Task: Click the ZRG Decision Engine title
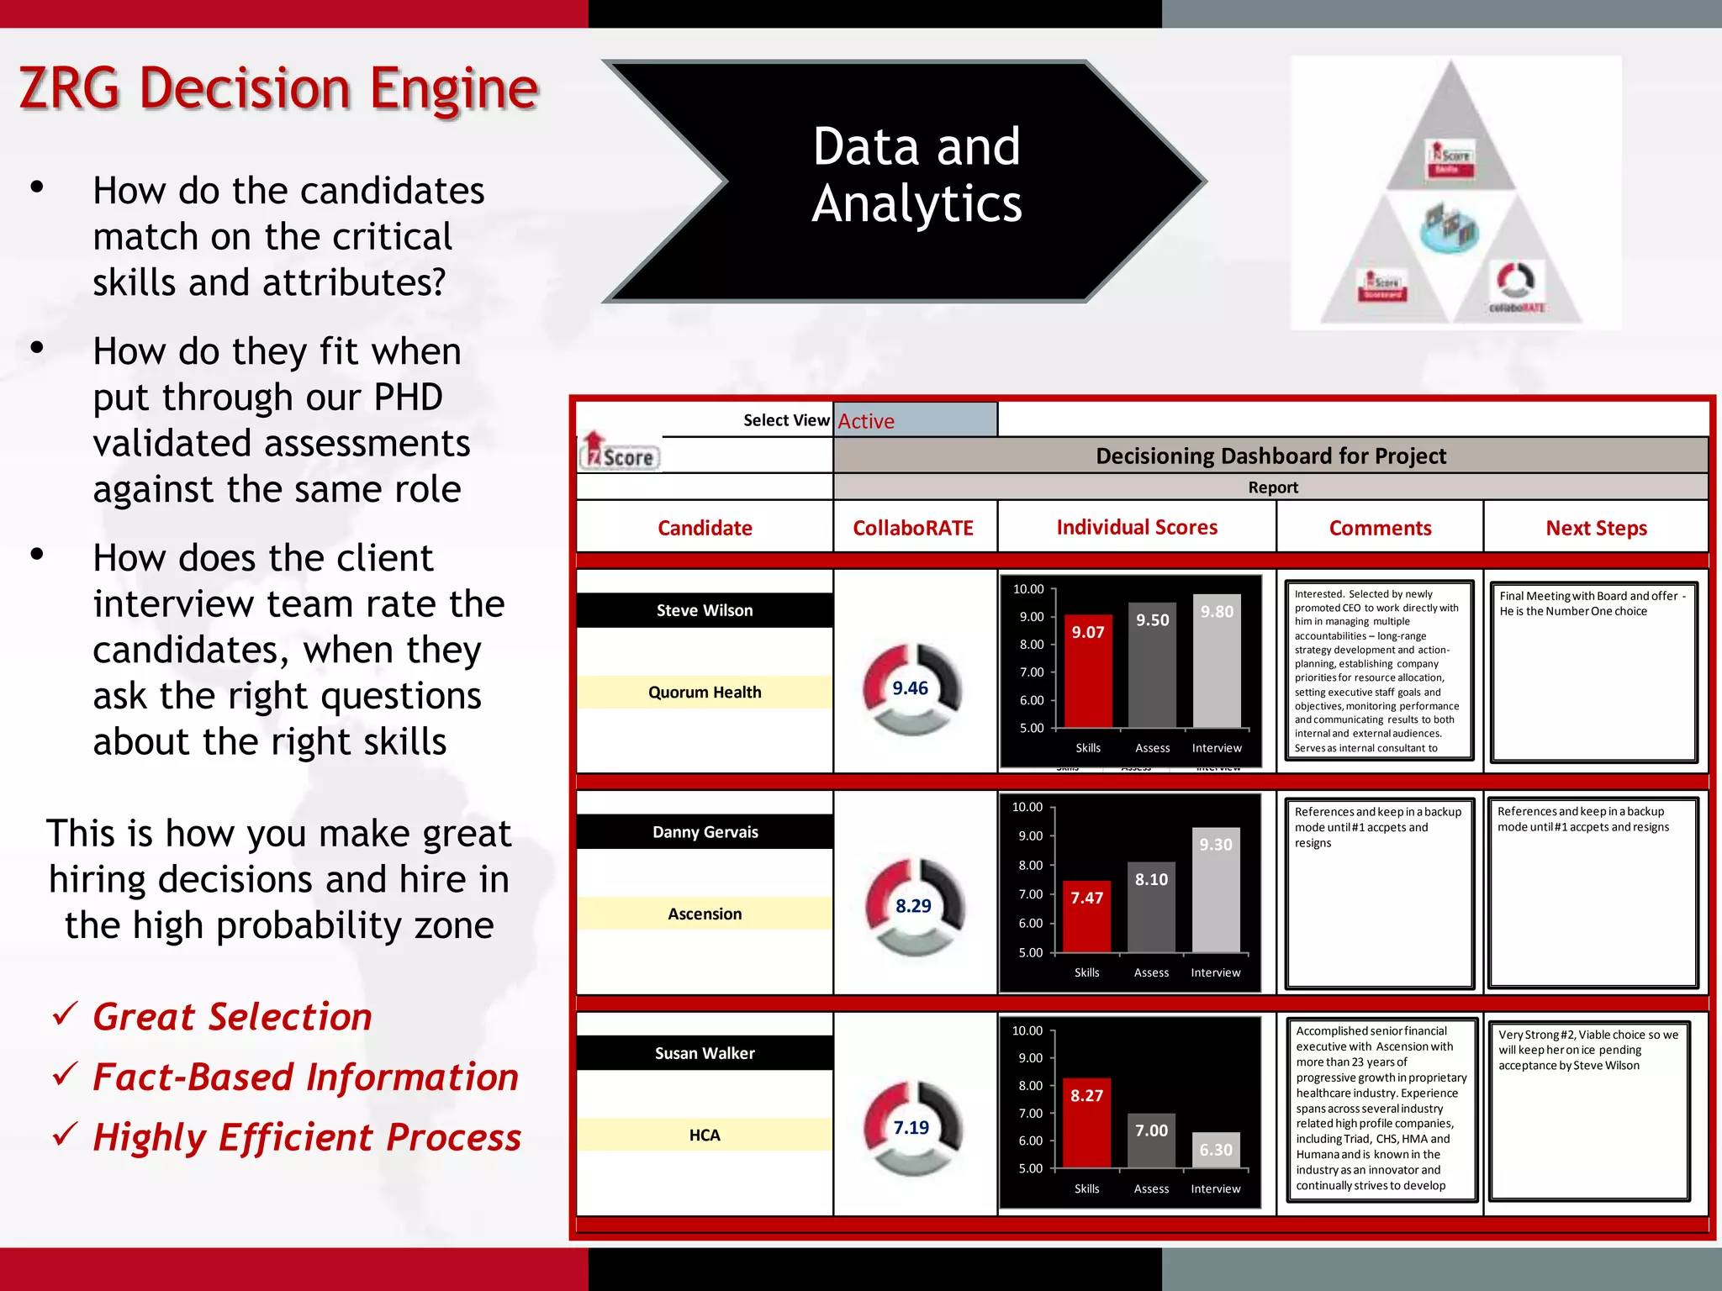point(277,88)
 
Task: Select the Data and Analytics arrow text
point(916,175)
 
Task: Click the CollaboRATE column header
point(913,528)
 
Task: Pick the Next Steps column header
point(1596,528)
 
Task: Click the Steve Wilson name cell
point(705,610)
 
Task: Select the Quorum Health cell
point(705,692)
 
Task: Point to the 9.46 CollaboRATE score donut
point(911,688)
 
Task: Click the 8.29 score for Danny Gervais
point(913,906)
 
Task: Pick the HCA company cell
point(705,1135)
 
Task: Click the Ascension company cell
point(705,914)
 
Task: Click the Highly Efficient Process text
point(307,1137)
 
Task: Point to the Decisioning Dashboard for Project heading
point(1270,456)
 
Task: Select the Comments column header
point(1380,528)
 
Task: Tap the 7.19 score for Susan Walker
point(911,1128)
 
